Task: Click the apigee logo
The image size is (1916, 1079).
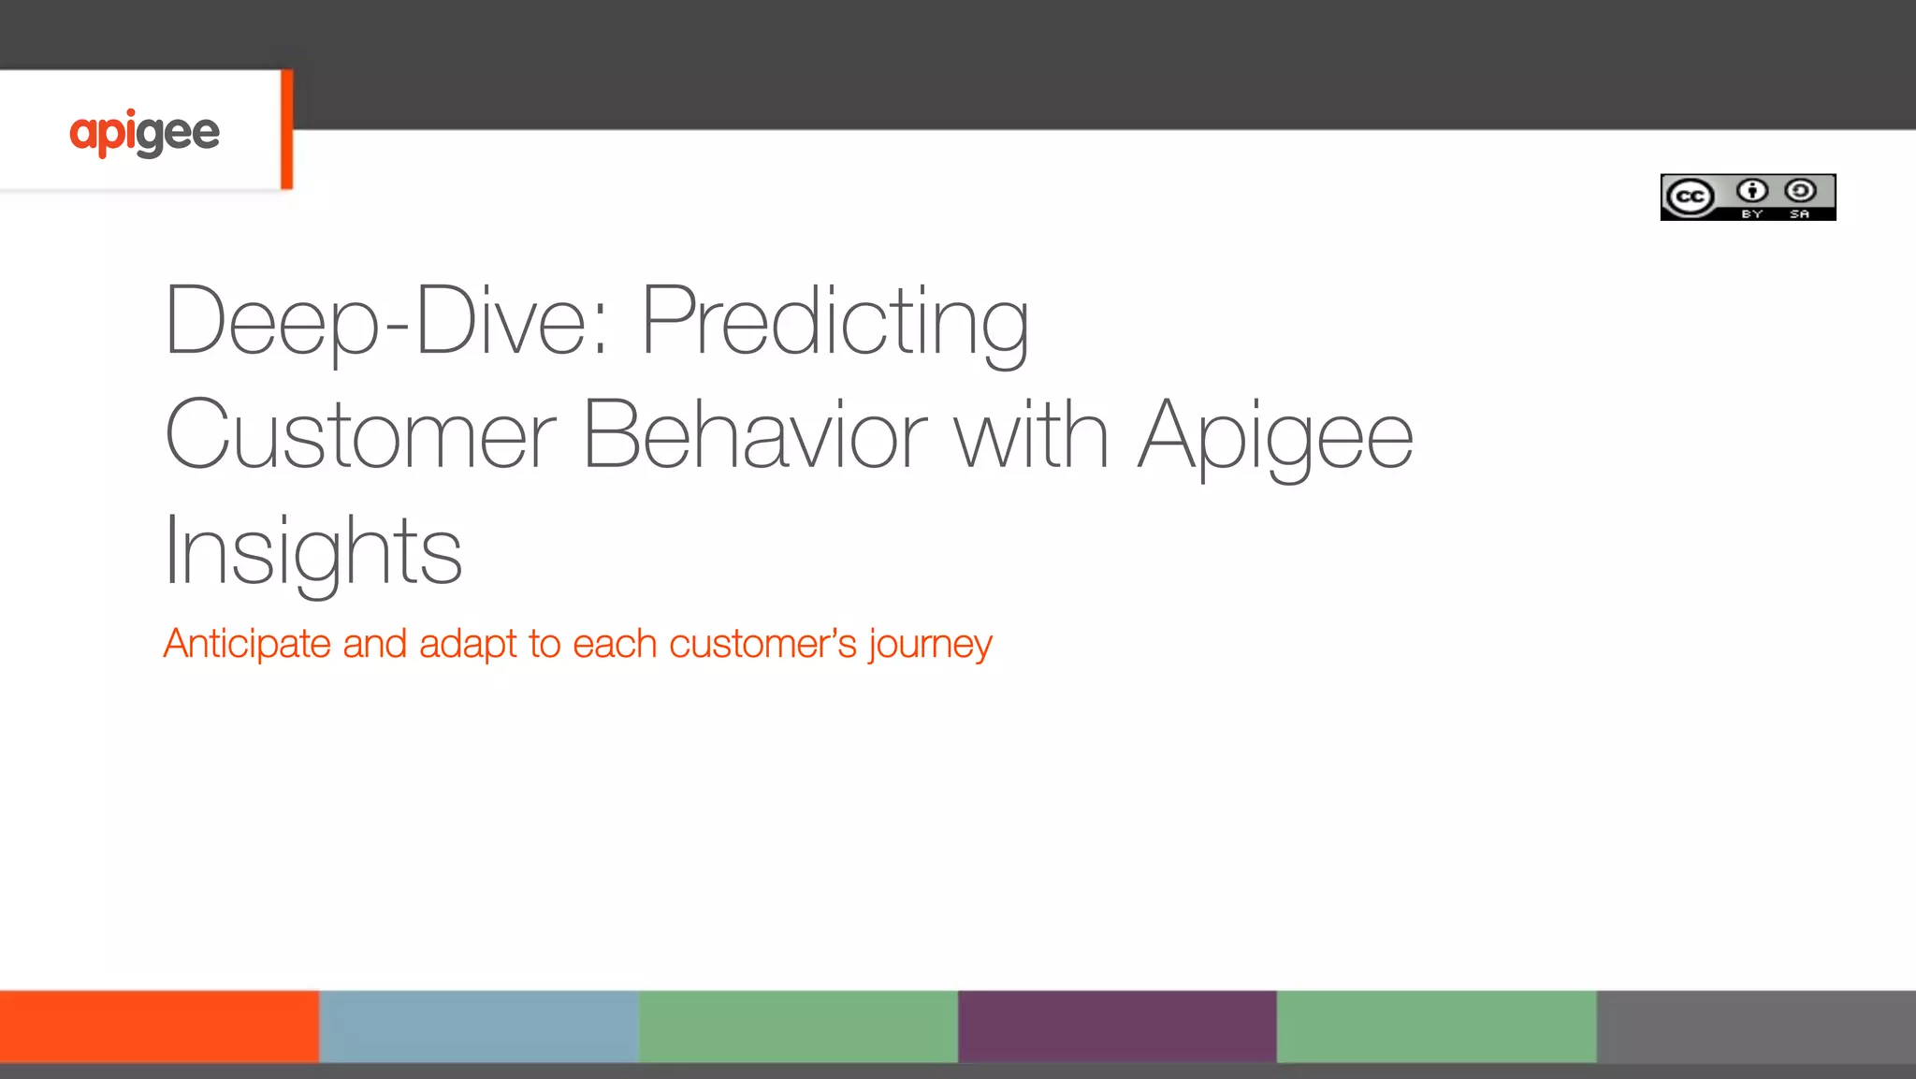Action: click(x=144, y=132)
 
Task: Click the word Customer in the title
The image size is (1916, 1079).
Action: click(x=360, y=435)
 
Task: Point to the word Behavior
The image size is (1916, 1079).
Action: click(x=754, y=435)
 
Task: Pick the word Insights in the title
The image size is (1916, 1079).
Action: click(x=312, y=551)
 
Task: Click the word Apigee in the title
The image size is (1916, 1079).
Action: click(x=1274, y=435)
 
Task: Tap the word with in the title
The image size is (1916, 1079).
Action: click(x=1031, y=435)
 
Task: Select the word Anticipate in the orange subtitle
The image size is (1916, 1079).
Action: click(x=246, y=644)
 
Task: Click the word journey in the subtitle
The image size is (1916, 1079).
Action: click(x=930, y=644)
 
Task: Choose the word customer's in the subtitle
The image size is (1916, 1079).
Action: click(x=762, y=644)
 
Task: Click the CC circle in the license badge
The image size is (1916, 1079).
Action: click(x=1690, y=197)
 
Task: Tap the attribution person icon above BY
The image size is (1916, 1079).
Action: click(x=1751, y=191)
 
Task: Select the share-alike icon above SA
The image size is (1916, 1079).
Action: click(x=1800, y=191)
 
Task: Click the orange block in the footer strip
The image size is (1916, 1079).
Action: click(x=159, y=1026)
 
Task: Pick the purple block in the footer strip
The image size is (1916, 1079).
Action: click(x=1117, y=1026)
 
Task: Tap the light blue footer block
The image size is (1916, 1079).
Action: click(x=479, y=1026)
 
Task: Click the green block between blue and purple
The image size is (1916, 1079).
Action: click(x=798, y=1026)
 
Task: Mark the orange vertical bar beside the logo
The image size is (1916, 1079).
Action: click(x=286, y=129)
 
